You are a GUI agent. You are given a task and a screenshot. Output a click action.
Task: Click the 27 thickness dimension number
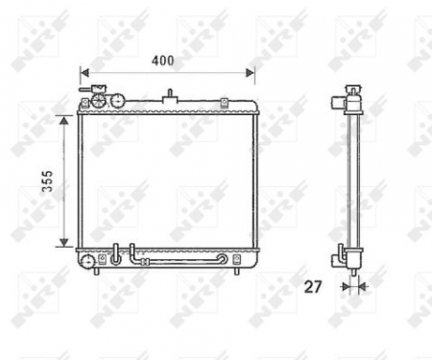[314, 285]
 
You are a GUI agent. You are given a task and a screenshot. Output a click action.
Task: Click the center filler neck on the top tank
[171, 97]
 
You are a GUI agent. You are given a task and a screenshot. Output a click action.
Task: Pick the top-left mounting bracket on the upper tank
[84, 102]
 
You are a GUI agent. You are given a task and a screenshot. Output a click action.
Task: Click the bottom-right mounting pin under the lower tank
[237, 273]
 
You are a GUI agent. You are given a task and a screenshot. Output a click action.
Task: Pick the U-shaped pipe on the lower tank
[119, 254]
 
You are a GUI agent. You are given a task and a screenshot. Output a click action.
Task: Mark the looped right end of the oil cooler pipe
[224, 258]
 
